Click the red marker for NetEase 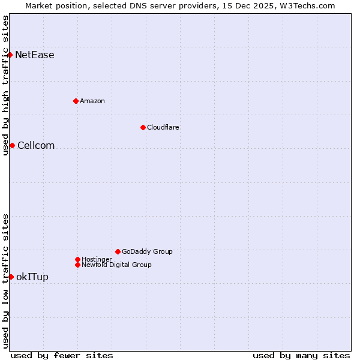[x=10, y=55]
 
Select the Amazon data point [x=76, y=101]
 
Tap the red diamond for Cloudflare [x=143, y=127]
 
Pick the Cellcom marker [x=12, y=146]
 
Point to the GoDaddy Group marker [x=118, y=251]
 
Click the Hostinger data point [x=77, y=259]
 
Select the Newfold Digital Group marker [x=77, y=265]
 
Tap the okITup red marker [x=11, y=277]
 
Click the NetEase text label [x=35, y=55]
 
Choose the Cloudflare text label [x=163, y=127]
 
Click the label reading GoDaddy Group [x=147, y=251]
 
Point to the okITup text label [x=32, y=277]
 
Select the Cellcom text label [x=36, y=146]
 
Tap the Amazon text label [x=92, y=101]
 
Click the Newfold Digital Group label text [x=117, y=265]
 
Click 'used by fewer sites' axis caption [x=62, y=355]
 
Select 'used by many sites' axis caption [x=301, y=355]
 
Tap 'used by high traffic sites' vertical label [x=5, y=85]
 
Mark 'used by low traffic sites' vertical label [x=5, y=281]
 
